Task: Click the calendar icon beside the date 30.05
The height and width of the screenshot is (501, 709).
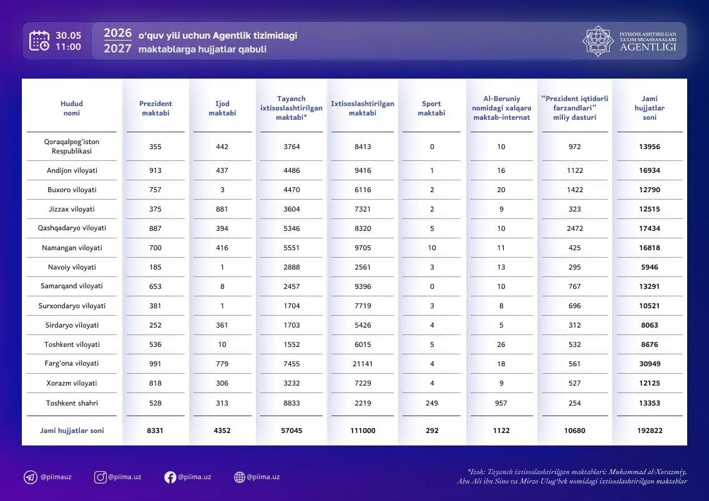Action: (x=39, y=41)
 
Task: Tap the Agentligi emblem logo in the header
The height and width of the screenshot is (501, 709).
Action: (x=598, y=41)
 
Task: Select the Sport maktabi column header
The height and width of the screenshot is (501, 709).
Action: (x=431, y=108)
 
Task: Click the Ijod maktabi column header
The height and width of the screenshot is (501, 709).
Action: (x=222, y=108)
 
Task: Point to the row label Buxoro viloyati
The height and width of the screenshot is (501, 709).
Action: (x=72, y=190)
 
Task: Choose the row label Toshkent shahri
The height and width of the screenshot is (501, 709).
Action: (x=72, y=403)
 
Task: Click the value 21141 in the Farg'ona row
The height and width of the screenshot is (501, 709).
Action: (x=363, y=364)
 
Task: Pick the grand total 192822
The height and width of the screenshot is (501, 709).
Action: (x=650, y=430)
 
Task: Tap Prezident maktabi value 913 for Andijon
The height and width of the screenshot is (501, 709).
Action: (x=155, y=170)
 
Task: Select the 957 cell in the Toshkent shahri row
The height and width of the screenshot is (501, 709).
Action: (x=501, y=403)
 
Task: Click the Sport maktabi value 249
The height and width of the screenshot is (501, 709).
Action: (x=432, y=403)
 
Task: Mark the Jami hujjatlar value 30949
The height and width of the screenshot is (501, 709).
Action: (x=650, y=364)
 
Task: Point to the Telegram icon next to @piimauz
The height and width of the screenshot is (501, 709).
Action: (x=31, y=477)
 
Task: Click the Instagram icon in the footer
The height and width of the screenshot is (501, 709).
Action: (x=100, y=477)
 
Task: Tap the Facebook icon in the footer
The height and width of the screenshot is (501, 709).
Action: (x=170, y=477)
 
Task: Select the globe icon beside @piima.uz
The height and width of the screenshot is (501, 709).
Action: (x=240, y=477)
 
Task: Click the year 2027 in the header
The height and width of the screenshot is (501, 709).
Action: (x=117, y=49)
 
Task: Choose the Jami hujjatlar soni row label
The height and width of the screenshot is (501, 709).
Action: (x=72, y=430)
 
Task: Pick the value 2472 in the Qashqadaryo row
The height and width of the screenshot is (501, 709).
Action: (x=575, y=228)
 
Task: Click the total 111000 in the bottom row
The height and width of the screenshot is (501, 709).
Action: (x=363, y=430)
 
